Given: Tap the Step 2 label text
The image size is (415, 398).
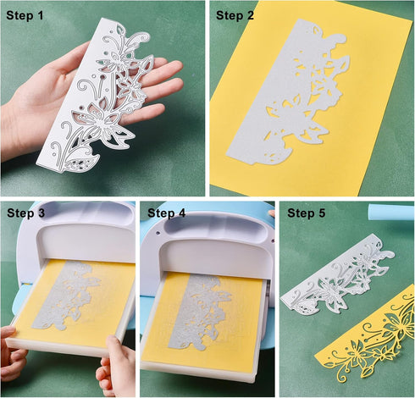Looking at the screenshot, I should (x=240, y=14).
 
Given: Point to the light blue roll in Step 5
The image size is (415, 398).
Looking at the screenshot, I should (x=394, y=212).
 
